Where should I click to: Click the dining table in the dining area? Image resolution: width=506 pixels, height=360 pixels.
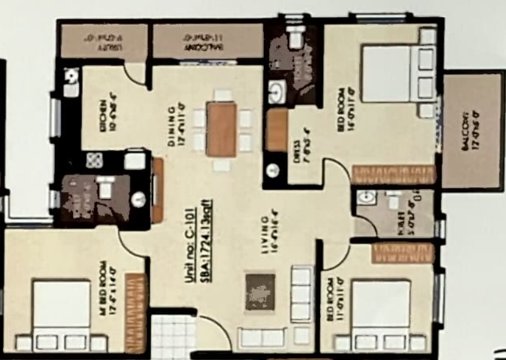click(x=221, y=130)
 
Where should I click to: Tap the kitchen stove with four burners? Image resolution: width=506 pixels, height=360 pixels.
click(x=95, y=161)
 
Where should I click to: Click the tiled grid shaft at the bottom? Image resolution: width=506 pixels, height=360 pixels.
click(x=173, y=337)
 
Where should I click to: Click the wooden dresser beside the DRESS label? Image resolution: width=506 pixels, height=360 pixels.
click(x=277, y=130)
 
